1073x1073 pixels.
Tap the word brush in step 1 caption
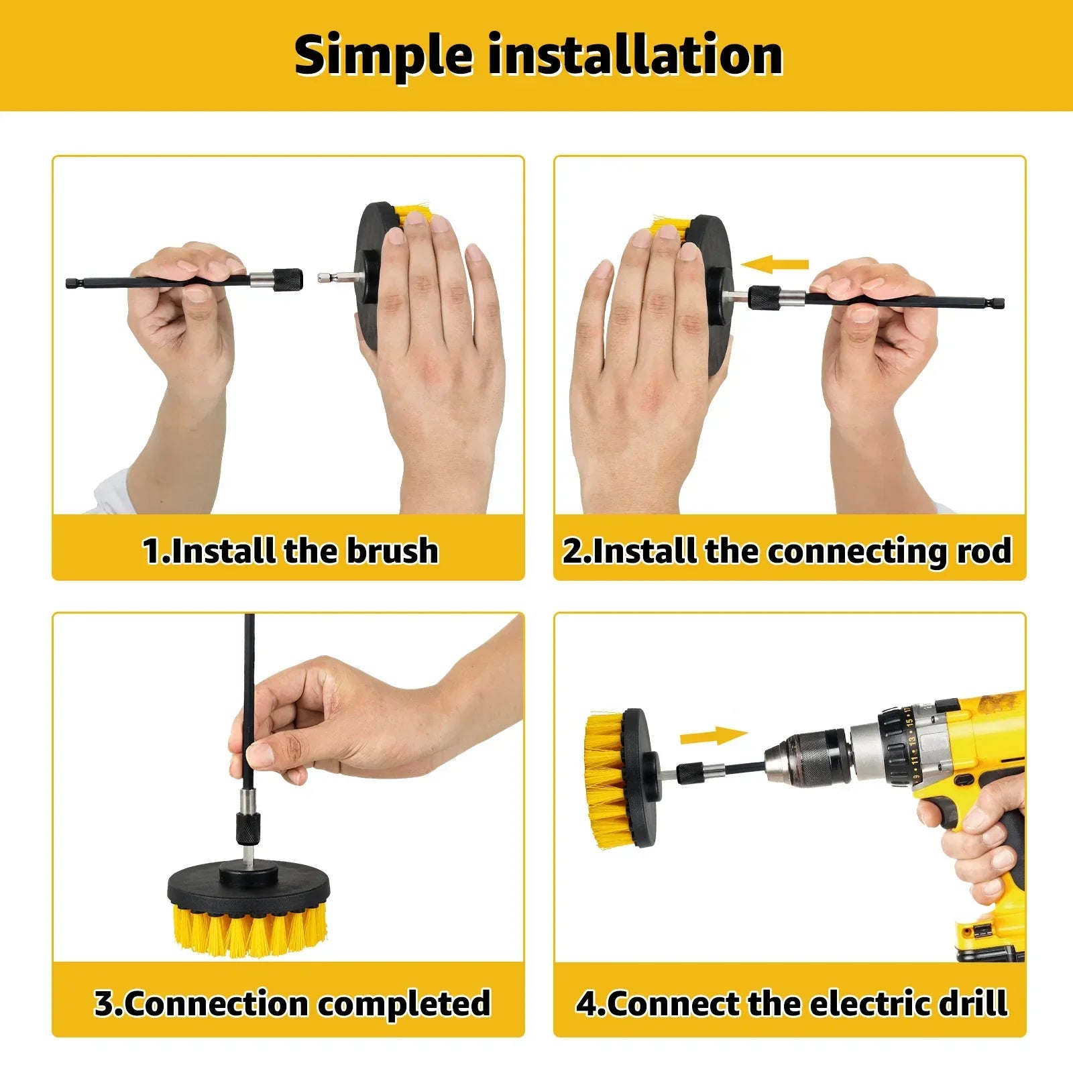[392, 551]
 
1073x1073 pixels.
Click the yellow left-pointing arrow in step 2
[775, 264]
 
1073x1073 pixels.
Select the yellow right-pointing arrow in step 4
[714, 736]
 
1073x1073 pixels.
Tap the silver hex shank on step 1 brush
[331, 276]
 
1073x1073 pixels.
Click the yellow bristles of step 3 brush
[247, 929]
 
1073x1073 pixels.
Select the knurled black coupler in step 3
[247, 830]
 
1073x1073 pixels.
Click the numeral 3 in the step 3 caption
[105, 1003]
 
